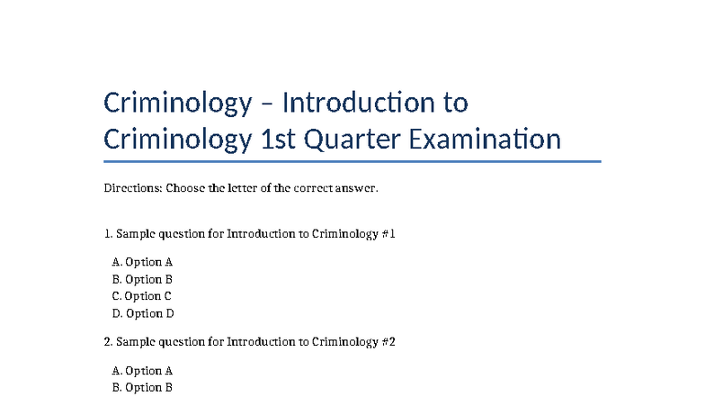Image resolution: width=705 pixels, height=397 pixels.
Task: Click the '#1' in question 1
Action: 388,234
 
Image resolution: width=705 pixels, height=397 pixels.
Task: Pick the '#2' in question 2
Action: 388,342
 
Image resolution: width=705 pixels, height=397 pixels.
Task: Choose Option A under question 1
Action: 142,262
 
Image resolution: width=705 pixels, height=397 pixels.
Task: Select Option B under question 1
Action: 142,279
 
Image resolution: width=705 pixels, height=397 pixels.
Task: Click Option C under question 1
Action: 142,296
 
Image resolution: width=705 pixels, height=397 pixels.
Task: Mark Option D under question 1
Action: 143,313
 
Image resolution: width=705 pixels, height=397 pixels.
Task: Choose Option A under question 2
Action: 142,370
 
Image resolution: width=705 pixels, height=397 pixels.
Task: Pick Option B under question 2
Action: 142,387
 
